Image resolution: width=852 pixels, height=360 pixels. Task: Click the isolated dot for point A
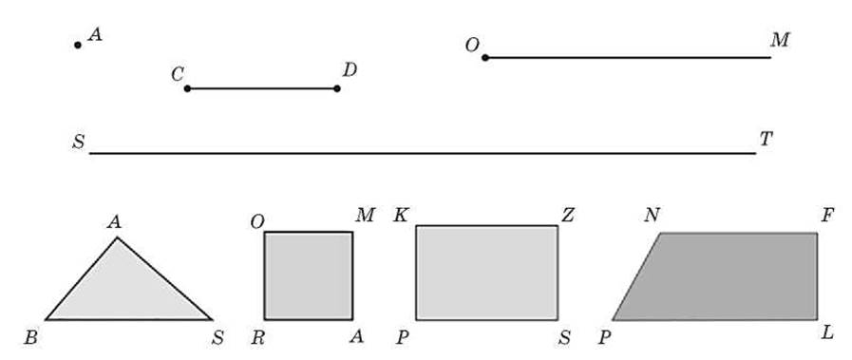coord(78,45)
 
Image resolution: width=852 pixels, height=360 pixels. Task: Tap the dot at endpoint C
coord(187,88)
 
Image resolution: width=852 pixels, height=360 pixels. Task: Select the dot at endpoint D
coord(337,88)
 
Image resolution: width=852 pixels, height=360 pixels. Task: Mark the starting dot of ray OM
coord(485,58)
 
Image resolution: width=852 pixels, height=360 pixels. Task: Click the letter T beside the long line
coord(766,140)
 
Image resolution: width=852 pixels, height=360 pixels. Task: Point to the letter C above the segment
coord(177,74)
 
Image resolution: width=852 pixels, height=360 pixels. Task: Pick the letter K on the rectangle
coord(402,216)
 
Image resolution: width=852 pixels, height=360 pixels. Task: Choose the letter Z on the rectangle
coord(567,216)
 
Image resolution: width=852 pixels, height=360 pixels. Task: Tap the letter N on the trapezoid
coord(652,216)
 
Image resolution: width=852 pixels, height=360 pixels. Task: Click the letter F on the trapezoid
coord(827,216)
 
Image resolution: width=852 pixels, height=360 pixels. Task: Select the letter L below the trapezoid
coord(827,332)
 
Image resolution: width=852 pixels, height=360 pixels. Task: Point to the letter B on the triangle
coord(30,338)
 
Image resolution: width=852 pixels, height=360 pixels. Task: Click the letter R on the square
coord(257,338)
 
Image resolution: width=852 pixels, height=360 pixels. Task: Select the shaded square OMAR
coord(309,275)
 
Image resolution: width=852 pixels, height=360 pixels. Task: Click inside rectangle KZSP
coord(487,273)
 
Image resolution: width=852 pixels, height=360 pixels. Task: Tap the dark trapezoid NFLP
coord(723,276)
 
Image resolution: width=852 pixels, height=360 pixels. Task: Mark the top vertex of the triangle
coord(117,237)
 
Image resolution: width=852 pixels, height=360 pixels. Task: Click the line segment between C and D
coord(262,88)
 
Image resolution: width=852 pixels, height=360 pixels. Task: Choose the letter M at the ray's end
coord(779,40)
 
